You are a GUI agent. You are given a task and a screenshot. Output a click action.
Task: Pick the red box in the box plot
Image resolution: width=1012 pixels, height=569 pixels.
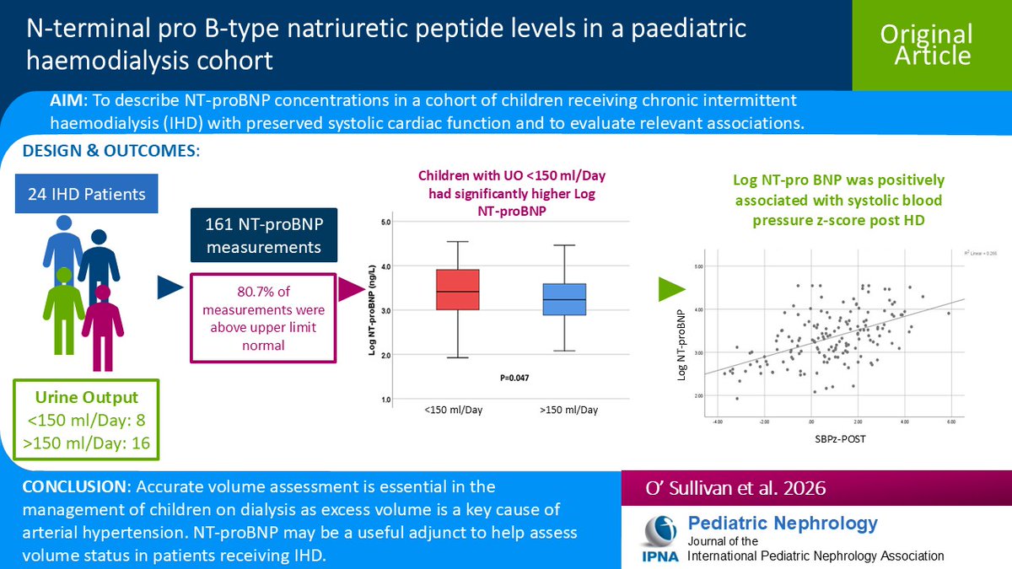(x=457, y=289)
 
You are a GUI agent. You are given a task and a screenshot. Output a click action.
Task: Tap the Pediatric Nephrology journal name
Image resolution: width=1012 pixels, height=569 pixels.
(x=783, y=523)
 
